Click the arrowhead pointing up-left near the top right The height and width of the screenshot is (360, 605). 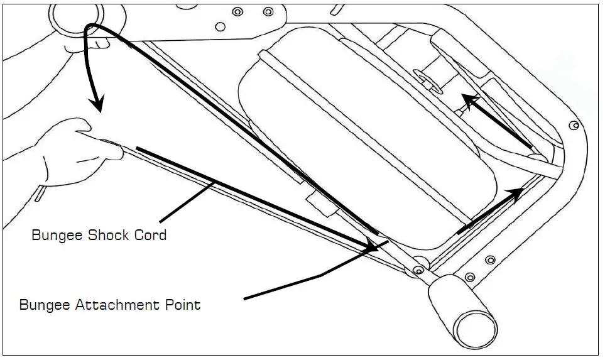click(468, 100)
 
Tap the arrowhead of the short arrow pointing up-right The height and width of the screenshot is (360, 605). click(515, 194)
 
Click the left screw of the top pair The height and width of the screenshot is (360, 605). click(237, 12)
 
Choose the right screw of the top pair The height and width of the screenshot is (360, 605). click(268, 11)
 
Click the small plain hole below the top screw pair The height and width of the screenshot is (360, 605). click(220, 26)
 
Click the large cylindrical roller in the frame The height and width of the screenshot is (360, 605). click(364, 132)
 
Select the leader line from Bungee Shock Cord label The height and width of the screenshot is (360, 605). click(188, 200)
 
